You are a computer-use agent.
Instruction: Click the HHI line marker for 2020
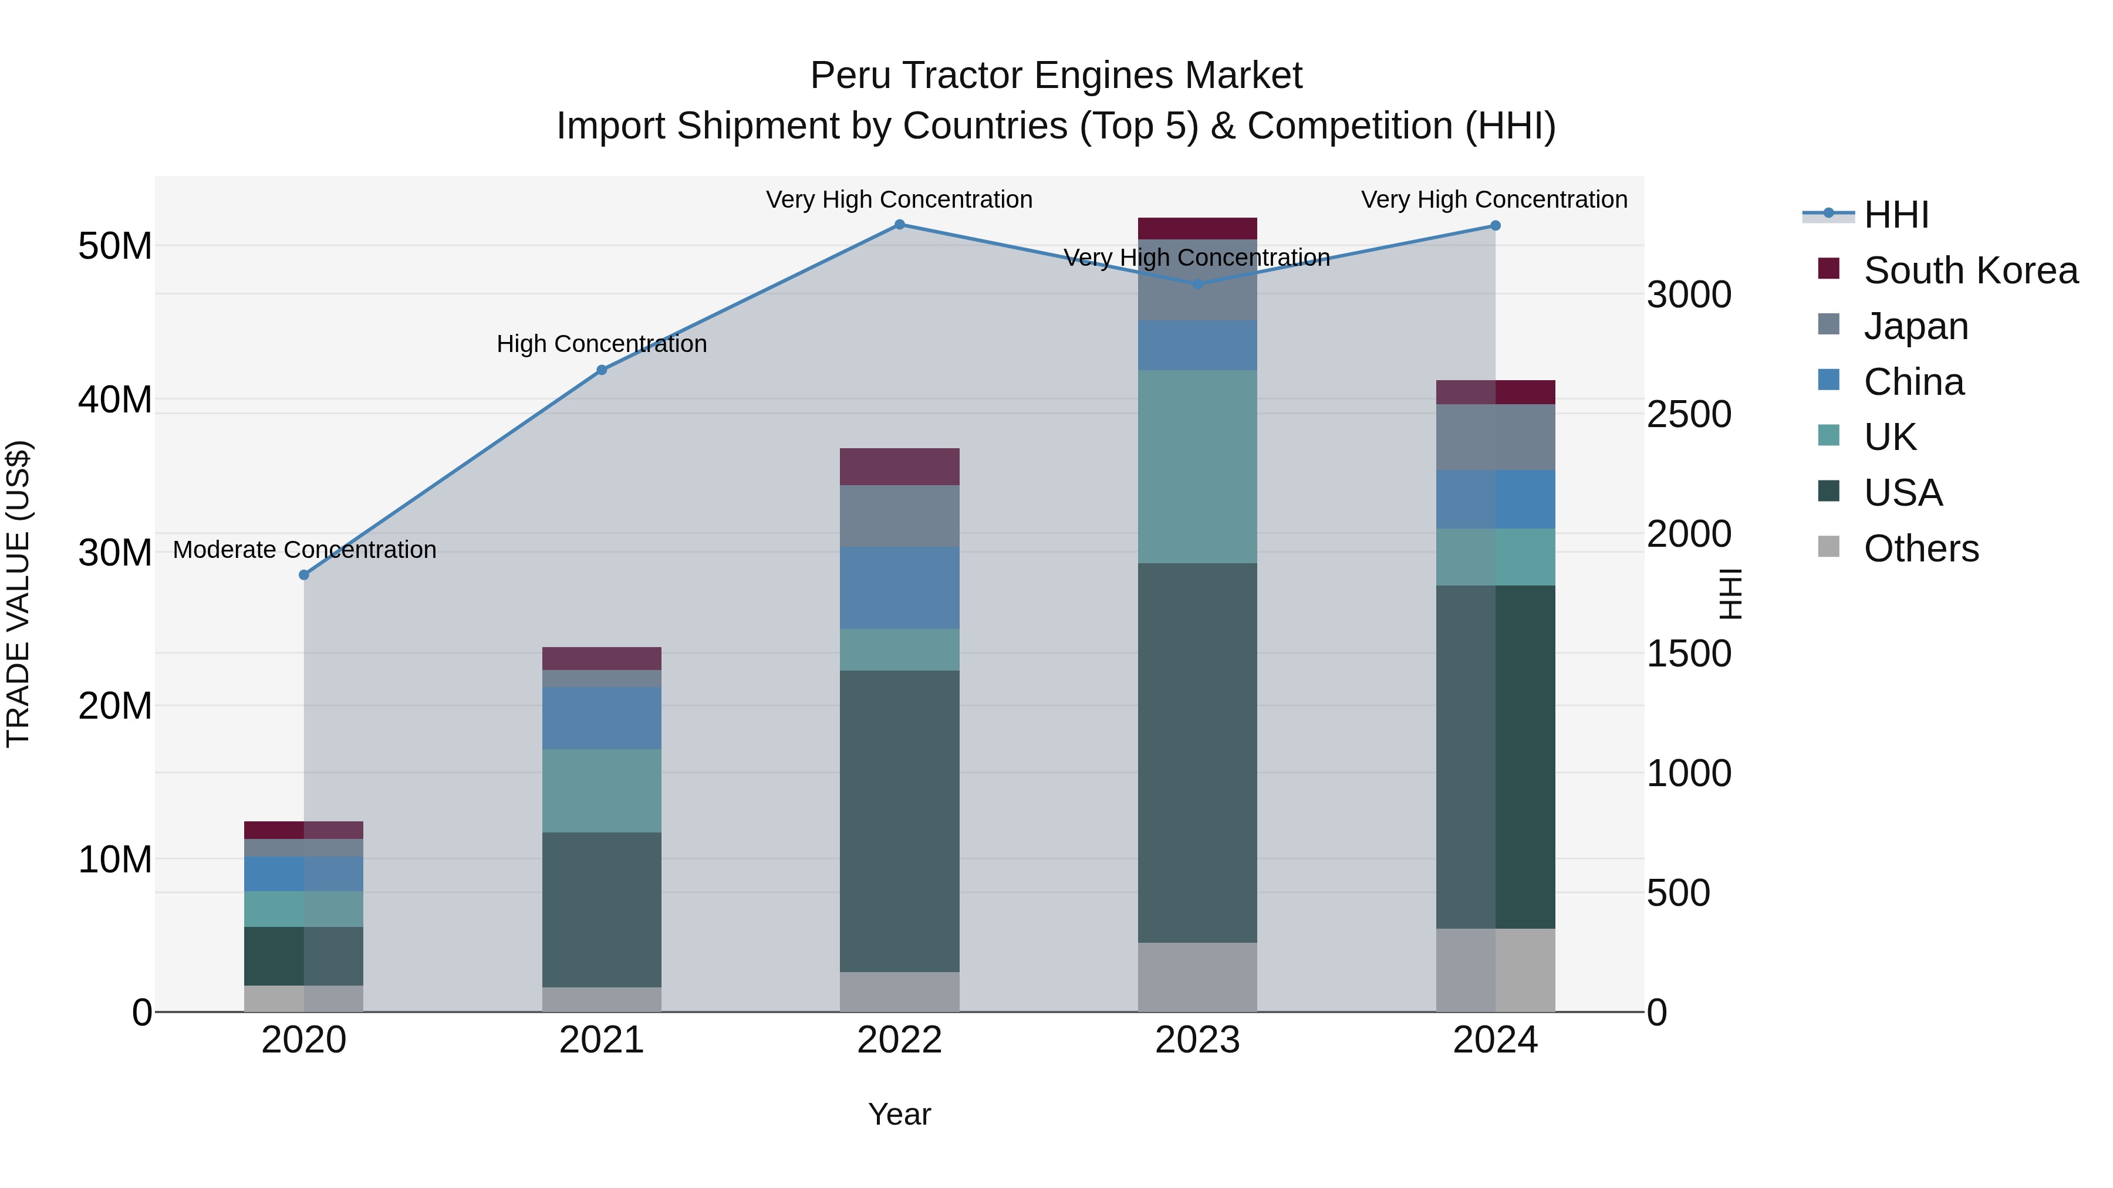point(303,575)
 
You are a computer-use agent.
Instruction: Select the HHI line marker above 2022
point(899,225)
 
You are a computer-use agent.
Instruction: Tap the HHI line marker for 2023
point(1197,285)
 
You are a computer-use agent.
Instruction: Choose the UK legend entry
point(1890,437)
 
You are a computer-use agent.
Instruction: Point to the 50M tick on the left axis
point(115,246)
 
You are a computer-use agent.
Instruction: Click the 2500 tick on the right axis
point(1689,414)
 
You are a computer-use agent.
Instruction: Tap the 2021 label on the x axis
point(601,1040)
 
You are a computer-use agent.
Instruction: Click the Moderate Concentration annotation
point(304,549)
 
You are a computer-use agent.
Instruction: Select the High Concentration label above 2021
point(601,344)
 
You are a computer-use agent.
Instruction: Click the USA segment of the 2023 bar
point(1197,753)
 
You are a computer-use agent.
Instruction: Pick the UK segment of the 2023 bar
point(1197,466)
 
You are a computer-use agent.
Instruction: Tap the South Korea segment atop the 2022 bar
point(899,466)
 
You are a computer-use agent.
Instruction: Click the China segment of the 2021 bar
point(601,718)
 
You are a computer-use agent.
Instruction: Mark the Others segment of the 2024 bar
point(1496,970)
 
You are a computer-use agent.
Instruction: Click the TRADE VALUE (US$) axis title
point(18,594)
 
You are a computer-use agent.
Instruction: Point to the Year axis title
point(899,1114)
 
